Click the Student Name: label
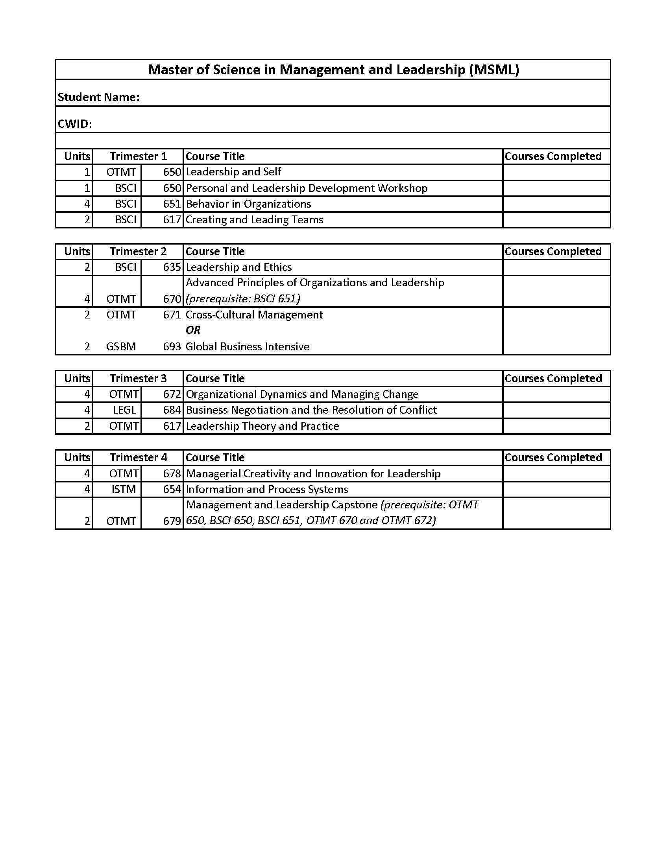coord(99,97)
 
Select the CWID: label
coord(75,124)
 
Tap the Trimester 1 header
coord(138,156)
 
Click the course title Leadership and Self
coord(233,172)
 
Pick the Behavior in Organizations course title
coord(248,204)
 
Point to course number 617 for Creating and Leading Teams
coord(172,220)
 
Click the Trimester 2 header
coord(138,252)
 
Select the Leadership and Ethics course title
coord(238,267)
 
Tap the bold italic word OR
coord(193,330)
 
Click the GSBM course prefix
coord(121,346)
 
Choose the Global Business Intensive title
coord(247,346)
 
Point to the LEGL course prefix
coord(124,410)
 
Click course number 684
coord(172,410)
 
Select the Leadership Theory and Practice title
coord(262,426)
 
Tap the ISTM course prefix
coord(123,490)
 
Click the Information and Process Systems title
coord(267,490)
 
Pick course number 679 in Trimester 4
coord(172,521)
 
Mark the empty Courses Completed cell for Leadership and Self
coord(556,172)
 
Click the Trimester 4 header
coord(138,458)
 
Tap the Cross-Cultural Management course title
coord(254,315)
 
